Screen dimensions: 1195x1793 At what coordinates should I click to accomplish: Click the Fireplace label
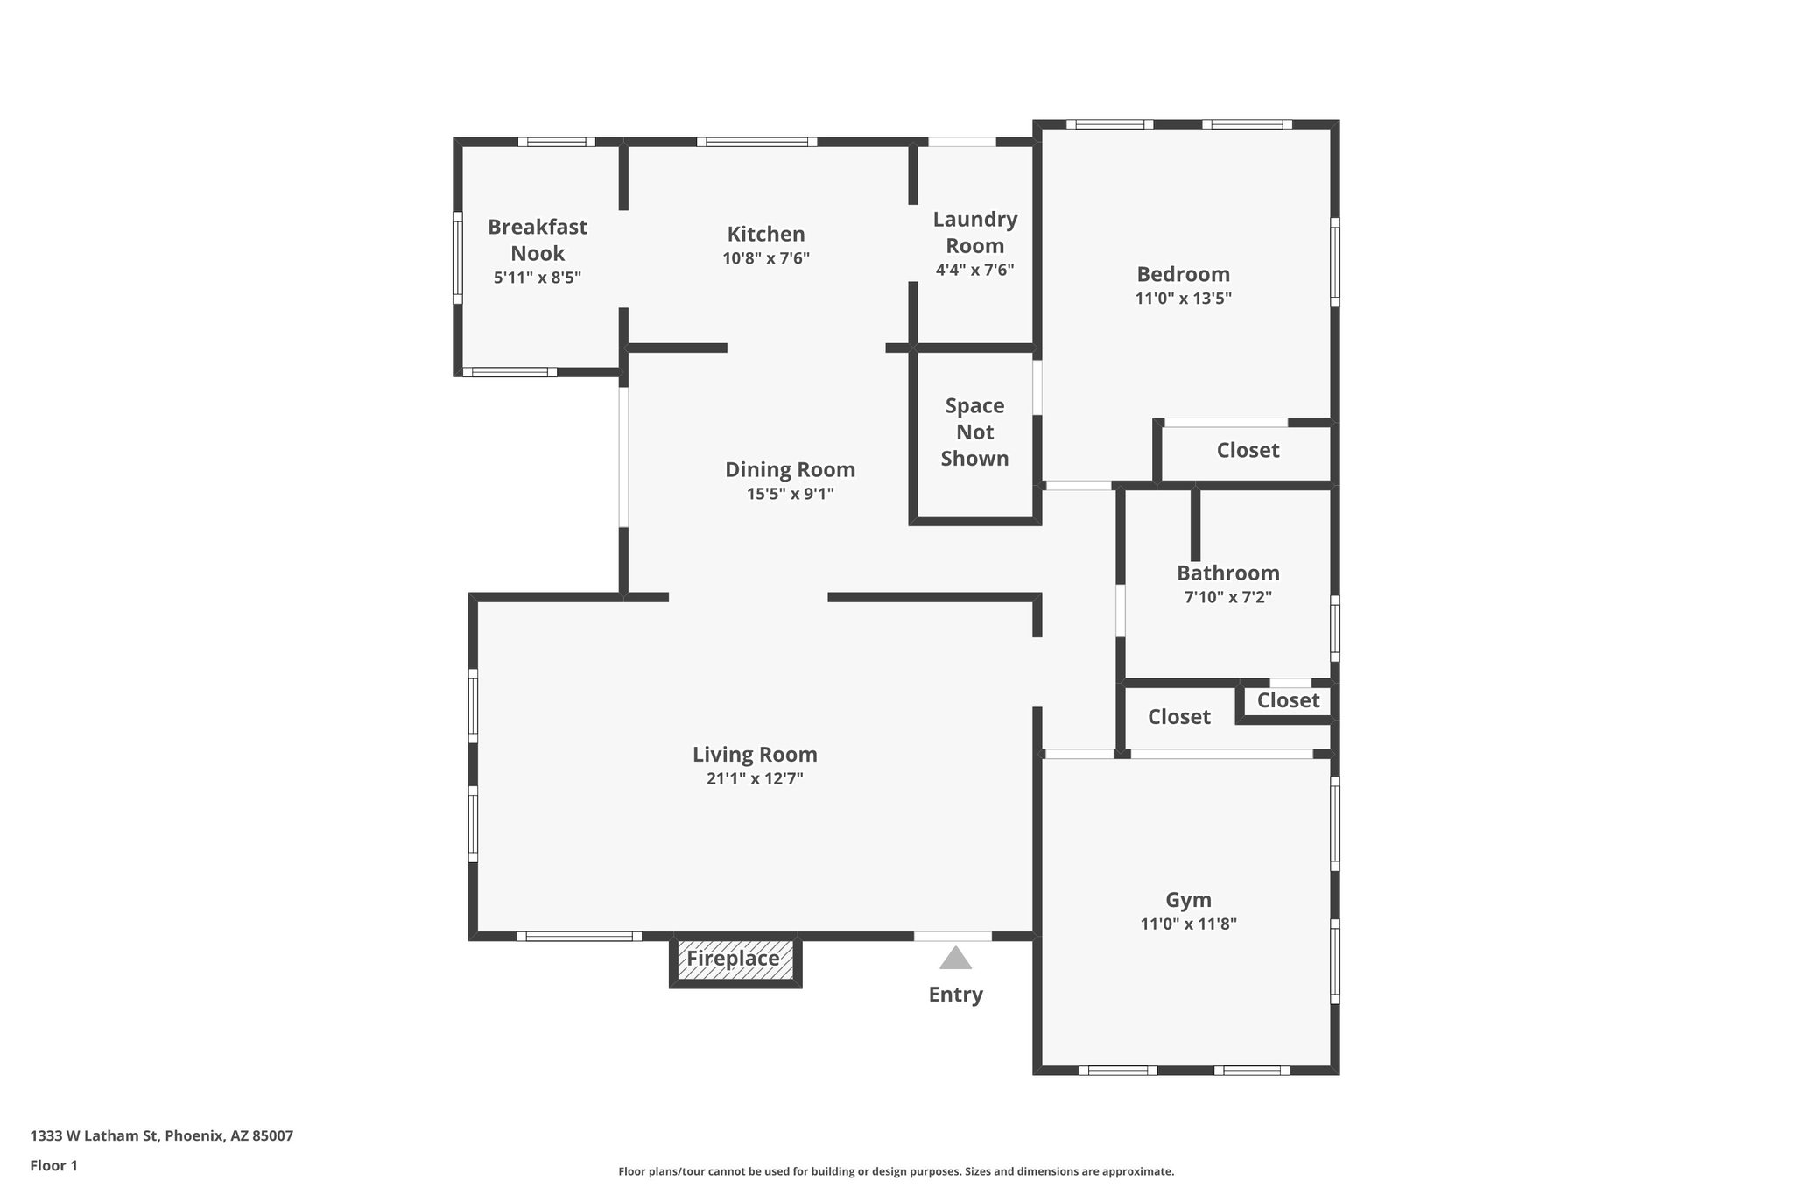733,959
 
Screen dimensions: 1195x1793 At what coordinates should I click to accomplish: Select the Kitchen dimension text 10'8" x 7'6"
766,258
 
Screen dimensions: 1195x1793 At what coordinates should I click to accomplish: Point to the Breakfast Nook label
538,240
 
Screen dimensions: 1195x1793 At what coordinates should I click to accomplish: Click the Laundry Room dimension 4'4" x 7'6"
974,270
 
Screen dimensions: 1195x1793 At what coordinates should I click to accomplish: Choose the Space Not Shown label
974,432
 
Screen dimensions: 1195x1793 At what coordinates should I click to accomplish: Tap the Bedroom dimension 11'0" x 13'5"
1184,299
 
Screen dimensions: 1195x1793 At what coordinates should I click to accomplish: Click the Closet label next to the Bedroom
1248,451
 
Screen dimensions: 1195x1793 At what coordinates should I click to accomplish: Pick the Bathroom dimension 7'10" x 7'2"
1227,598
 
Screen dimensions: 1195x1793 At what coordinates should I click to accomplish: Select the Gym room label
1188,900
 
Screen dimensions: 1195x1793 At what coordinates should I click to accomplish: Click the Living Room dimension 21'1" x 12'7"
755,779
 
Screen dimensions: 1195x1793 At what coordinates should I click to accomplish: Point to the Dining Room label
790,470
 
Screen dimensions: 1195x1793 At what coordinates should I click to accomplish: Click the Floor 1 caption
54,1165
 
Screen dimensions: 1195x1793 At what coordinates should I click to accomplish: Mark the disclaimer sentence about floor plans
896,1171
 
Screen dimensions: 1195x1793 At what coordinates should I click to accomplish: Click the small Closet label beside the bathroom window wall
1288,700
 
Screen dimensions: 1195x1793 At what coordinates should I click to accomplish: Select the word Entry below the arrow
955,995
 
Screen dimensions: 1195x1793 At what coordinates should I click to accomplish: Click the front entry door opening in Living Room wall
953,936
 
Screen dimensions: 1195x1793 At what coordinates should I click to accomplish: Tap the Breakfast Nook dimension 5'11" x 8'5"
538,278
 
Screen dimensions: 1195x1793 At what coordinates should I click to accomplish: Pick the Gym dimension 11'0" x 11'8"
1188,924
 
